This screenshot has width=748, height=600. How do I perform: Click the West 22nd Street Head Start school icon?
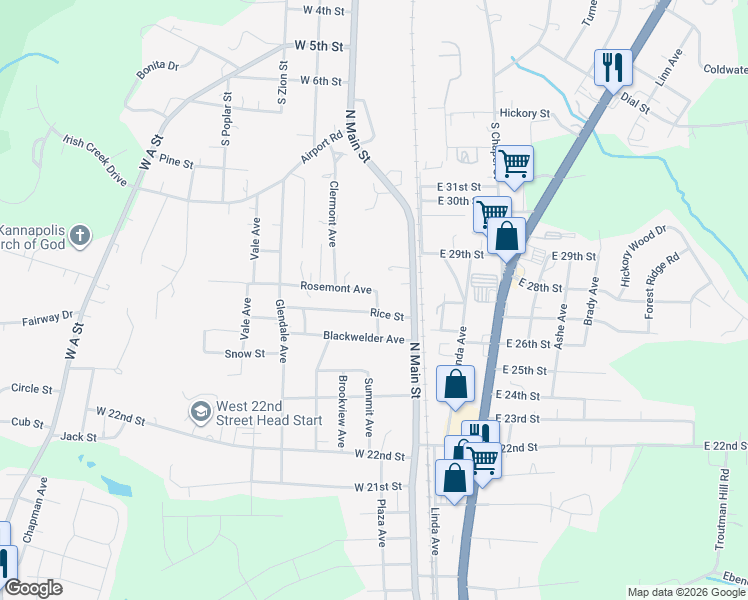point(200,411)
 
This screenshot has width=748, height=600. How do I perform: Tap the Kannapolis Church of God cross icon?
point(81,236)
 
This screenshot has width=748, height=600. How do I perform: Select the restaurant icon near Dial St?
point(613,68)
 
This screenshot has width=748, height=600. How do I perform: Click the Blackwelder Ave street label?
point(363,337)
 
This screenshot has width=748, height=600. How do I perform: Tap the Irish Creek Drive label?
point(95,160)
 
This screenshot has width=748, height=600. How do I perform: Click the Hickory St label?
point(526,114)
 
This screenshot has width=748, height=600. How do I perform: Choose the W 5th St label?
point(319,46)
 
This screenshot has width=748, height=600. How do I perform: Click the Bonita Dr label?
point(158,66)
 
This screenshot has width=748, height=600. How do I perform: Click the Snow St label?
point(245,353)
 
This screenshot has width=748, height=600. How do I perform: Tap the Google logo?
point(34,588)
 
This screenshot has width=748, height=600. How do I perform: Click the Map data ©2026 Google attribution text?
point(687,592)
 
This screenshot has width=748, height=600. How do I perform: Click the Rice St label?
point(387,314)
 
